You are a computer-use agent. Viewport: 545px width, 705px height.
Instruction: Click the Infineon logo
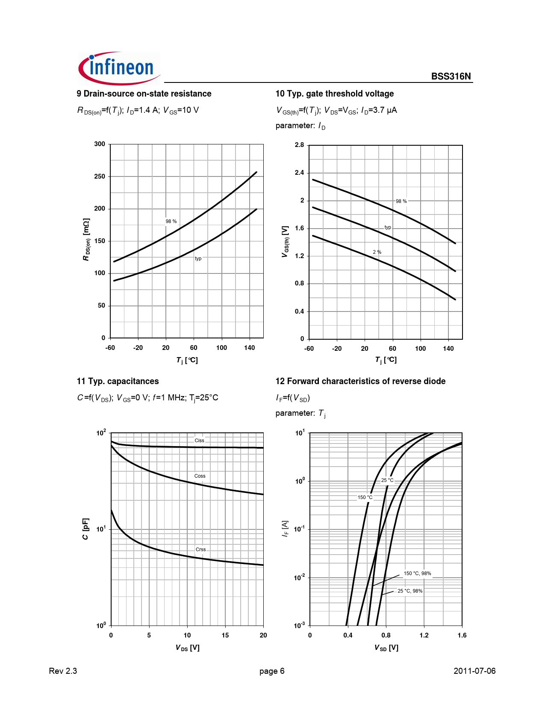click(119, 68)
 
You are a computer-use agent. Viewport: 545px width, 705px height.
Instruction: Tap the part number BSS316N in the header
click(451, 76)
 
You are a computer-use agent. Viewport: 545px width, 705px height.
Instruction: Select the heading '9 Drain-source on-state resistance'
click(144, 94)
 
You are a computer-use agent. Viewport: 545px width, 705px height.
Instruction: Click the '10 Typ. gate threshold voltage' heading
click(334, 94)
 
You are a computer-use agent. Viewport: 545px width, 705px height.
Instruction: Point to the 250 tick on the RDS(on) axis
click(100, 176)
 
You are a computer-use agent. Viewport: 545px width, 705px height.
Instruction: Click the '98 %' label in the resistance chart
click(171, 221)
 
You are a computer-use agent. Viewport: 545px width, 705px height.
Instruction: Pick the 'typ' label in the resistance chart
click(198, 258)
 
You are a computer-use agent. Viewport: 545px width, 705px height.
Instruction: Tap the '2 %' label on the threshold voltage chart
click(377, 252)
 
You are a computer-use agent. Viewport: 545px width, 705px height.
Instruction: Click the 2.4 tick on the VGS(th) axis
click(299, 173)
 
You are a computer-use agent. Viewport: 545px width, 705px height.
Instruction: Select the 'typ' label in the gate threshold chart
click(388, 227)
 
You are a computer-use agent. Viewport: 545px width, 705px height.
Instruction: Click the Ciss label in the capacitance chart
click(200, 441)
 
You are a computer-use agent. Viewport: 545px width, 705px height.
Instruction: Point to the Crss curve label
click(200, 549)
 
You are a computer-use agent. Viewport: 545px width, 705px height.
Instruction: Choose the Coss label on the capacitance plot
click(200, 476)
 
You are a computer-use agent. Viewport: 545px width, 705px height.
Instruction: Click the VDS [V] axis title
click(187, 648)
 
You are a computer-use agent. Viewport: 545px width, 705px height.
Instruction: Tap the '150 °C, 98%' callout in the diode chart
click(417, 573)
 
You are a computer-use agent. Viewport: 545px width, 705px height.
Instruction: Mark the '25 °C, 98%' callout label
click(410, 591)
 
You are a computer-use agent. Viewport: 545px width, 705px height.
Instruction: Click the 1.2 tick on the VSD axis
click(424, 635)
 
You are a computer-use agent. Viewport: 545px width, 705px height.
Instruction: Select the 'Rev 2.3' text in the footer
click(63, 671)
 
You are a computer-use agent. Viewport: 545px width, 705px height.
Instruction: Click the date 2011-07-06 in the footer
click(474, 671)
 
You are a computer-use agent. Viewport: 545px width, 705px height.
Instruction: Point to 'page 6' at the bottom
click(272, 671)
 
